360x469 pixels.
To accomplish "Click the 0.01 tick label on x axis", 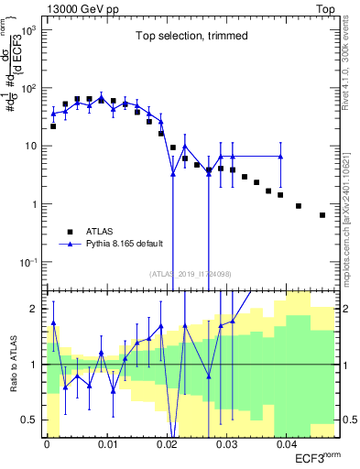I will click(x=106, y=443).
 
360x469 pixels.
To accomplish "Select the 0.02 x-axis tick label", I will click(x=166, y=443).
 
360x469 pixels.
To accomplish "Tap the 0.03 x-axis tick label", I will click(x=225, y=443).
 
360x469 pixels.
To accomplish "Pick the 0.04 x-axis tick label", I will click(x=285, y=443).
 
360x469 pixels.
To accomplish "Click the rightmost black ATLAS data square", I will click(x=322, y=215).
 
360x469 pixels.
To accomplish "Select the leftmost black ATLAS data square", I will click(x=53, y=126).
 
